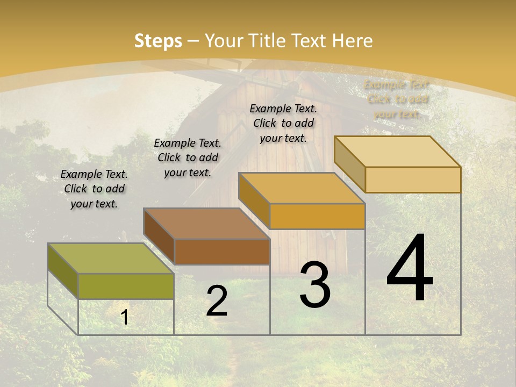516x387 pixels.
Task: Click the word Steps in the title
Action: point(158,41)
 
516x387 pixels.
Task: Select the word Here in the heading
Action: point(352,41)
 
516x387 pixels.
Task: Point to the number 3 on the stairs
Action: point(315,284)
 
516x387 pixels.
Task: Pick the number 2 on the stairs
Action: point(217,301)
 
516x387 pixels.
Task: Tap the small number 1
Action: point(125,317)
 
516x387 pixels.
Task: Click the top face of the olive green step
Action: point(111,259)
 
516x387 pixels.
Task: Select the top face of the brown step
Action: point(206,223)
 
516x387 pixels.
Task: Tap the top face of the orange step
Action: point(302,188)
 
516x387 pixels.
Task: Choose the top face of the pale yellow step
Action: point(397,152)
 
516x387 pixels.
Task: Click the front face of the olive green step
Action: point(126,286)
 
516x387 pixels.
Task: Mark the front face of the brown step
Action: point(222,252)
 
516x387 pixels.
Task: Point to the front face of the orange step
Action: point(317,216)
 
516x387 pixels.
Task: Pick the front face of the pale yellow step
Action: point(413,180)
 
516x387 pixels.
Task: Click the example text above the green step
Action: point(94,189)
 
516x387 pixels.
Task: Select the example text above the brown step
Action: point(188,157)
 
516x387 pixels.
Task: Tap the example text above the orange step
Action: point(283,123)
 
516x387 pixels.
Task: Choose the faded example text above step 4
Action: point(397,99)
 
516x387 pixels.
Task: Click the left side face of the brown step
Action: point(159,236)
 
